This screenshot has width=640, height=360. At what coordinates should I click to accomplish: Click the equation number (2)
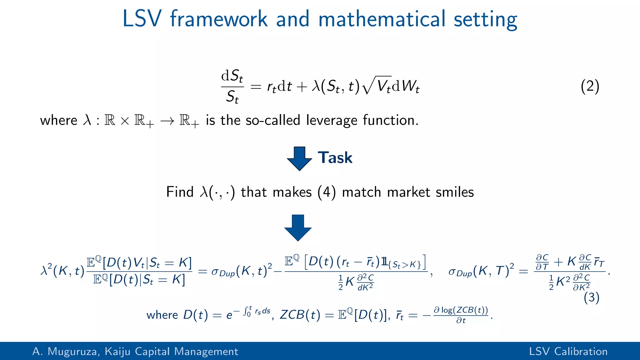pos(590,86)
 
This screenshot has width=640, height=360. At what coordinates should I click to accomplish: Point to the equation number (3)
pos(591,297)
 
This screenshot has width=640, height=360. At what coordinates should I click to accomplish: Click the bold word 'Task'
pos(335,157)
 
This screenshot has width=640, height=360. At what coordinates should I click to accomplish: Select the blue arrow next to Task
pos(299,158)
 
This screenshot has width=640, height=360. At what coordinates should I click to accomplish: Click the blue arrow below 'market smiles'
pos(298,227)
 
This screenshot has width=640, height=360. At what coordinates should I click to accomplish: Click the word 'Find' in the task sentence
pos(180,192)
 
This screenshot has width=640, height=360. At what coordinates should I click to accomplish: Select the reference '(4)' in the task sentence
pos(327,192)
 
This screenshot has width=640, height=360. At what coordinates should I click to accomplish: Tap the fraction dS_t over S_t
pos(232,86)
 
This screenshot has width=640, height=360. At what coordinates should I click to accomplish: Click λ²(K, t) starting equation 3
pos(62,271)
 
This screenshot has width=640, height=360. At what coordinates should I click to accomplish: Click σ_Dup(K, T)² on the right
pos(481,271)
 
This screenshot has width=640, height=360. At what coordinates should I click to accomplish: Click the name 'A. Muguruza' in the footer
pos(66,352)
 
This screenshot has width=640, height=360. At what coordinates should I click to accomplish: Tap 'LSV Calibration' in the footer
pos(568,352)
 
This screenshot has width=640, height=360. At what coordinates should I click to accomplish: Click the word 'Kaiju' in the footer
pos(117,352)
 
